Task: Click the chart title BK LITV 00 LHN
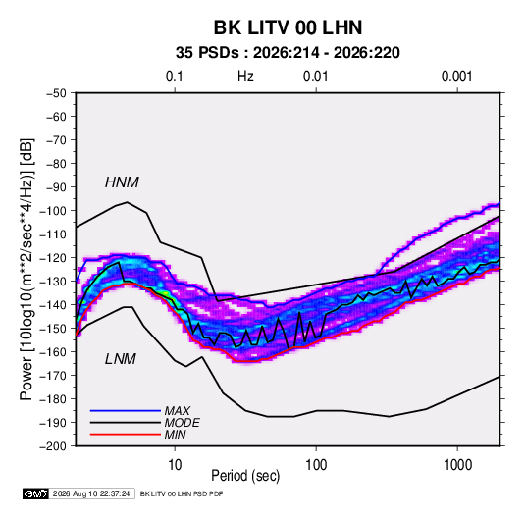tap(288, 27)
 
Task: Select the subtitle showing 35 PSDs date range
tap(288, 53)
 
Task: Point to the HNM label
tap(122, 182)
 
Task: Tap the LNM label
tap(121, 359)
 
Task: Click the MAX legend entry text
tap(177, 411)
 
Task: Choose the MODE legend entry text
tap(183, 423)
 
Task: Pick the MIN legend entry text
tap(175, 435)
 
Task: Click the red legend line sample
tap(126, 435)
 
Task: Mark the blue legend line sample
tap(126, 411)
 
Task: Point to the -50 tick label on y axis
tap(56, 93)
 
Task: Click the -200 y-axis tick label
tap(53, 446)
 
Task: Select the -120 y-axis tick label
tap(53, 258)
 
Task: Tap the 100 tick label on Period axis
tap(316, 465)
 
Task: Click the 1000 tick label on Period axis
tap(457, 465)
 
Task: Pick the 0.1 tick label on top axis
tap(175, 77)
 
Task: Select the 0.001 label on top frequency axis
tap(456, 77)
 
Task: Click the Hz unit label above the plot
tap(245, 77)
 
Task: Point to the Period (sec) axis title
tap(245, 476)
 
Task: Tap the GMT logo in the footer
tap(35, 493)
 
